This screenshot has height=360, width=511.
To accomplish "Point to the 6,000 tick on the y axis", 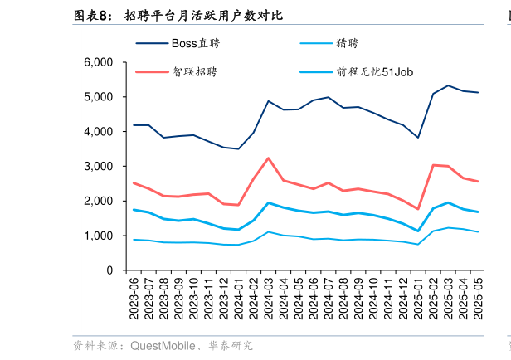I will click(x=99, y=62).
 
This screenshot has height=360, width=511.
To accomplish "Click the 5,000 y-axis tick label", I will click(x=99, y=97).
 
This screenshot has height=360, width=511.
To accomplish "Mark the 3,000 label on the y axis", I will click(x=99, y=167).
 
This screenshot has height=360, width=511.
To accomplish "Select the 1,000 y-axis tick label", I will click(x=99, y=236).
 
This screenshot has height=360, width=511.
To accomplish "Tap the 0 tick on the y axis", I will click(x=109, y=270).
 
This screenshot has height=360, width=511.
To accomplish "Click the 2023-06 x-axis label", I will click(x=134, y=298).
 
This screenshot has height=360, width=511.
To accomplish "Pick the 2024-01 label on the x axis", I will click(x=238, y=298).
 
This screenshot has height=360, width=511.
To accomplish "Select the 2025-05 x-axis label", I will click(x=478, y=298).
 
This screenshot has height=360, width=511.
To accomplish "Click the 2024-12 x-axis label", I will click(x=403, y=298).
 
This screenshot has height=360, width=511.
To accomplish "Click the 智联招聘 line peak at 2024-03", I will click(x=268, y=158).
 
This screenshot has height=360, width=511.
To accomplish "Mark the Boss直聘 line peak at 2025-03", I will click(x=448, y=85).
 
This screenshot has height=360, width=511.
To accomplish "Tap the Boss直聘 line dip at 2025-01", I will click(x=418, y=138).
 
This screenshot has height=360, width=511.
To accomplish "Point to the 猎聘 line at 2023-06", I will click(x=134, y=240).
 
